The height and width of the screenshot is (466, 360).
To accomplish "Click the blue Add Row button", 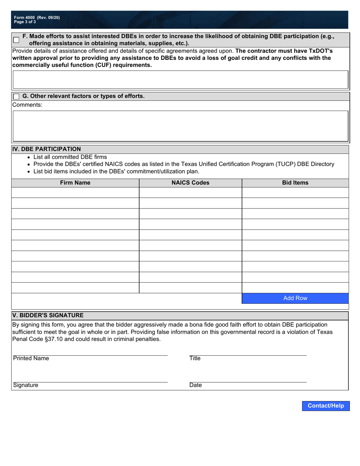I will [x=295, y=298].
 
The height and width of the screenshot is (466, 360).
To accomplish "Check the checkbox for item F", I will [x=16, y=40].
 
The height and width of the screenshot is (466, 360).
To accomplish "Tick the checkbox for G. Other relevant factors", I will [x=16, y=97].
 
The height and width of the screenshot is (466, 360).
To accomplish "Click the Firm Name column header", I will [x=75, y=183].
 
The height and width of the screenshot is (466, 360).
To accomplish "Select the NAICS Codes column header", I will [x=190, y=183].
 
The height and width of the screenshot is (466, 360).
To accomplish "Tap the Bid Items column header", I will [x=295, y=183].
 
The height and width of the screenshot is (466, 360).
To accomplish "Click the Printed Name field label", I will [x=31, y=358].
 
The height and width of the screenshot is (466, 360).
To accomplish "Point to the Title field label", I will [x=195, y=358].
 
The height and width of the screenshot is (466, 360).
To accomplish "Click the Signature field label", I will [x=26, y=385].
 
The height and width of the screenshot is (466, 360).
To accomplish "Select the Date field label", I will [x=196, y=385].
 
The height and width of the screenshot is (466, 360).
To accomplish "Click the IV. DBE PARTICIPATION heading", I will [x=47, y=149].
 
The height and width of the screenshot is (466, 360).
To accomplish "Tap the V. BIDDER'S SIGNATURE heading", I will [x=48, y=315].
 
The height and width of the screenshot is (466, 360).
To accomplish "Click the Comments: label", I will [x=27, y=105].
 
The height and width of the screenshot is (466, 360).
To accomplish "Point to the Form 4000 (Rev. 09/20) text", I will [x=37, y=17].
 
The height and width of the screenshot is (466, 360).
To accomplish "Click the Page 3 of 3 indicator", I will [x=25, y=22].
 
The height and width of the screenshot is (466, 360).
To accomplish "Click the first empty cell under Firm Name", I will [x=75, y=192].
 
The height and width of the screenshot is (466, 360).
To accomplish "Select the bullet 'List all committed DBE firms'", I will [x=70, y=157].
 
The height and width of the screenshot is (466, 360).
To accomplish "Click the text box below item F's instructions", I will [x=180, y=80].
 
